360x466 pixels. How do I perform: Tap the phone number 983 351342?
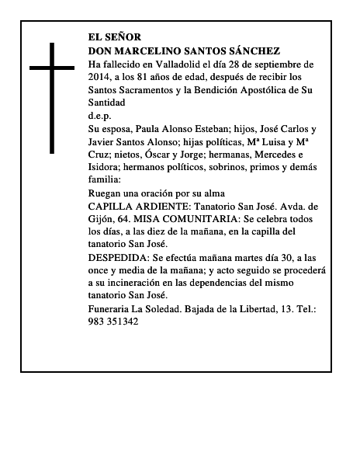tap(114, 322)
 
